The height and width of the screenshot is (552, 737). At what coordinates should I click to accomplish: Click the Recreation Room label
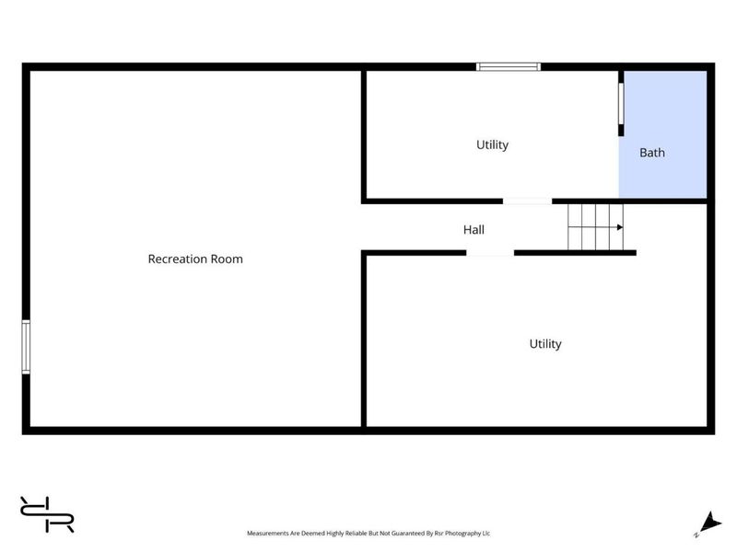coord(195,259)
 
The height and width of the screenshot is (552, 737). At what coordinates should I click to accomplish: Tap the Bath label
coord(652,153)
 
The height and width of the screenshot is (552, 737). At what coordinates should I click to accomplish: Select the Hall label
coord(474,229)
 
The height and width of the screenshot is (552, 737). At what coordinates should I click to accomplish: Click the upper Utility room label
coord(492,145)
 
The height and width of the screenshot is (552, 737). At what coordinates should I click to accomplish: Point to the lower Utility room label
coord(545,344)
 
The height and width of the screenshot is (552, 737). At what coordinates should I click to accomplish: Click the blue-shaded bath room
coord(662,134)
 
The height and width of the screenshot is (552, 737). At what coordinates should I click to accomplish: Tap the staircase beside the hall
coord(595,227)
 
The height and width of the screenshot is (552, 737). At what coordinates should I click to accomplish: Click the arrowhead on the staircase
coord(620,227)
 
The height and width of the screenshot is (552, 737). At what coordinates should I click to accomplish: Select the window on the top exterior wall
coord(509,66)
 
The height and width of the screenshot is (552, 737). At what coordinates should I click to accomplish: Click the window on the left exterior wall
coord(26,347)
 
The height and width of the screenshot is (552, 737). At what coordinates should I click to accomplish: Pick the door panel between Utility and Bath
coord(621,104)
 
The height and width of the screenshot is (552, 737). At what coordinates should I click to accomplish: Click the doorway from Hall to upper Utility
coord(527,201)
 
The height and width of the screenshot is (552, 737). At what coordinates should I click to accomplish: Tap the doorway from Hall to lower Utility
coord(490,253)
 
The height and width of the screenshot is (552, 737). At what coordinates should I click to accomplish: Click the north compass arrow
coord(709,523)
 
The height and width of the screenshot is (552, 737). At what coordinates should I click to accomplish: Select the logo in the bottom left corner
coord(47,514)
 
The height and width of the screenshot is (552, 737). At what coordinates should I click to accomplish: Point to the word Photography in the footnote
coord(463,534)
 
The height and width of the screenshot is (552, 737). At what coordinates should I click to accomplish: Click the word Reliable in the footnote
coord(357,534)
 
